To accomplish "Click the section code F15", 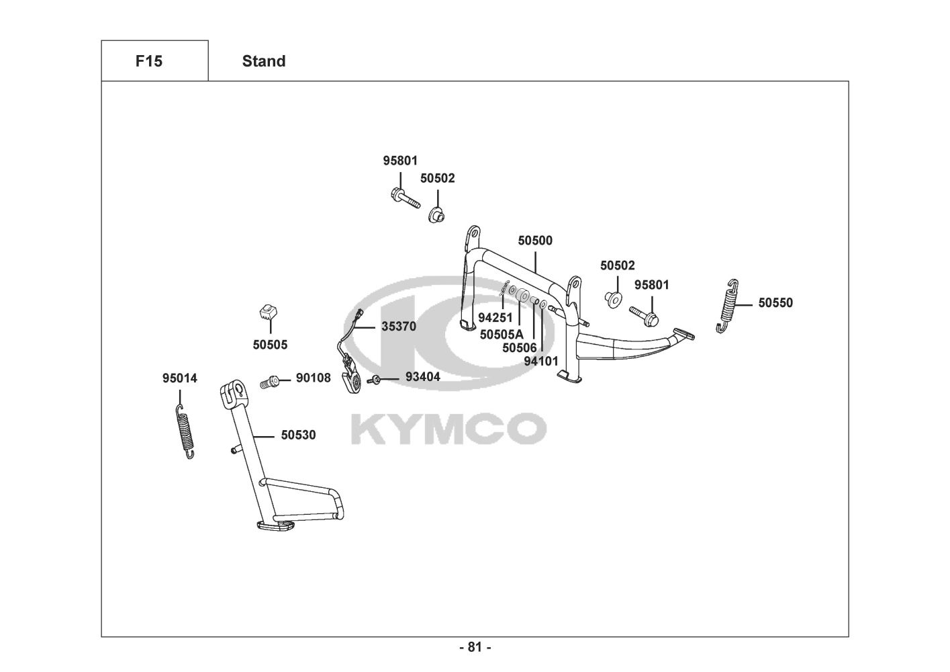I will click(x=148, y=61).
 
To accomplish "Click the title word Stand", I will click(x=263, y=61).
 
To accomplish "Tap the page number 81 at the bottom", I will click(x=475, y=647).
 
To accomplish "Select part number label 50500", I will click(x=535, y=241).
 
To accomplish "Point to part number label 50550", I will click(x=775, y=303).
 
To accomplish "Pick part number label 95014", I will click(x=180, y=378).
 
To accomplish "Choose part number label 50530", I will click(x=298, y=435).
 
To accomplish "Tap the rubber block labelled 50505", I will click(x=269, y=312).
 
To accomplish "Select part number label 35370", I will click(x=399, y=327).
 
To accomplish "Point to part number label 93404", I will click(x=423, y=377).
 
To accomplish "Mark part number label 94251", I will click(x=495, y=317).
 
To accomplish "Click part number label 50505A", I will click(x=502, y=334).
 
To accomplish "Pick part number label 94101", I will click(x=541, y=361).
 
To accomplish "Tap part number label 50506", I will click(x=520, y=347).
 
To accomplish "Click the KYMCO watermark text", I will click(x=448, y=428).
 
